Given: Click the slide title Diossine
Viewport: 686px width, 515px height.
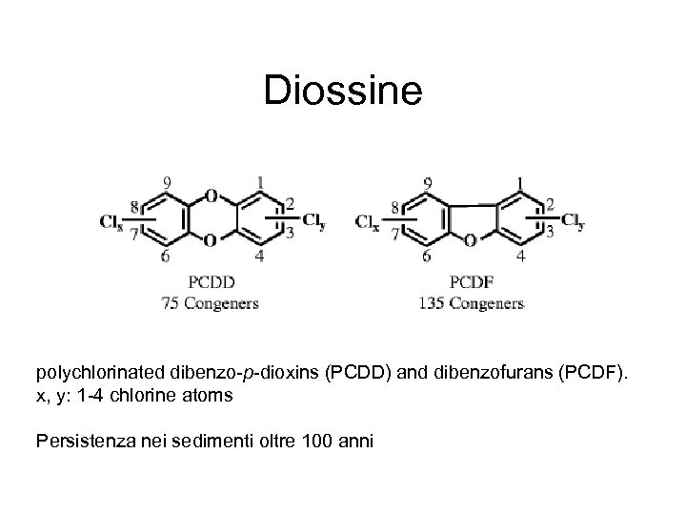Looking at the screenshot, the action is pos(342,92).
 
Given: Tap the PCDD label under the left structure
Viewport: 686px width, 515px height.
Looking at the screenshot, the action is pos(211,281).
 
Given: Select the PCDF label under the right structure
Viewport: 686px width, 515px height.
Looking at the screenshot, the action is pos(471,281).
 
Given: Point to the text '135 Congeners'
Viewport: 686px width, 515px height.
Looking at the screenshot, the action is pos(471,303).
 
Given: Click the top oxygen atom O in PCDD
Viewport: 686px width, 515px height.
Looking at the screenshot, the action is pos(211,196).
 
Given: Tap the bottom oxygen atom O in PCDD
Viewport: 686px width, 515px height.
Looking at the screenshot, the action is pos(211,241).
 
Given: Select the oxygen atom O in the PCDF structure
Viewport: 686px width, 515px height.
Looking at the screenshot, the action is pos(471,240).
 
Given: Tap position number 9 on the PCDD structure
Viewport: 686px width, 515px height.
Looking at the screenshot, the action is pos(168,181).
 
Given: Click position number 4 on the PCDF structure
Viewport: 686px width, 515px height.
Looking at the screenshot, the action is pos(519,257).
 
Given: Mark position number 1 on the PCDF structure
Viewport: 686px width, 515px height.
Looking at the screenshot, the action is pos(518,182).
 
